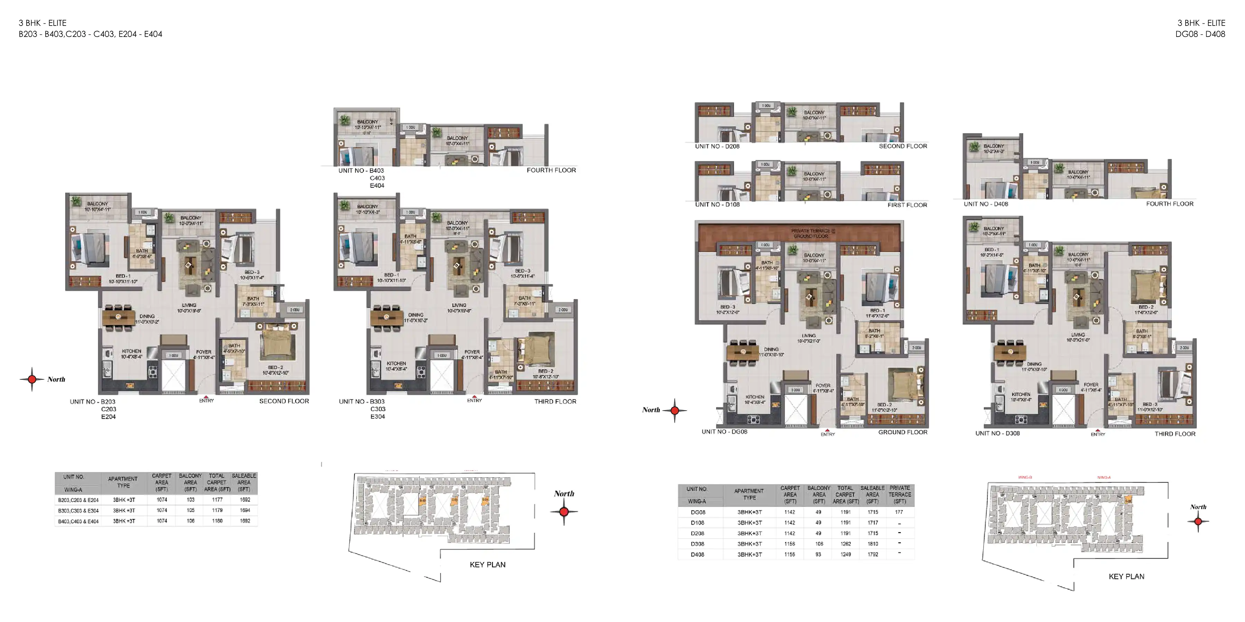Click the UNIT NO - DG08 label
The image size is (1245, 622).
point(724,432)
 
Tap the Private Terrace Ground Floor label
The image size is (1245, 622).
point(811,234)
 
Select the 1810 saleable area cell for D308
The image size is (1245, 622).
point(873,544)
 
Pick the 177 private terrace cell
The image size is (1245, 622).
point(898,512)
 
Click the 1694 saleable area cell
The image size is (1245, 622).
point(245,510)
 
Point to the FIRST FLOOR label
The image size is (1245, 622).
point(907,205)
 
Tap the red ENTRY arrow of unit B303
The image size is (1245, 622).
point(474,396)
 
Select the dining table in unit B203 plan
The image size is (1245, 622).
point(118,317)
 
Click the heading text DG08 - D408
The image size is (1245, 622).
point(1200,34)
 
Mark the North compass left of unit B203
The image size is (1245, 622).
point(32,379)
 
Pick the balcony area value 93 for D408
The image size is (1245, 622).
point(818,554)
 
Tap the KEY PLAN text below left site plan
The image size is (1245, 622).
point(487,565)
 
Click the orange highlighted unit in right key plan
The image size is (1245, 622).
point(1128,500)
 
